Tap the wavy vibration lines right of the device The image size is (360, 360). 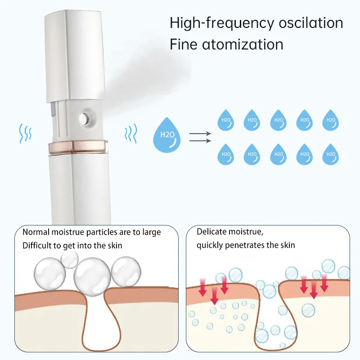coord(130,134)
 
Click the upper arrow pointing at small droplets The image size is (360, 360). coord(201,134)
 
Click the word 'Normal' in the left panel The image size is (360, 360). coord(36,232)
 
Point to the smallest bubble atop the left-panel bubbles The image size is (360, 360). coord(69,259)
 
